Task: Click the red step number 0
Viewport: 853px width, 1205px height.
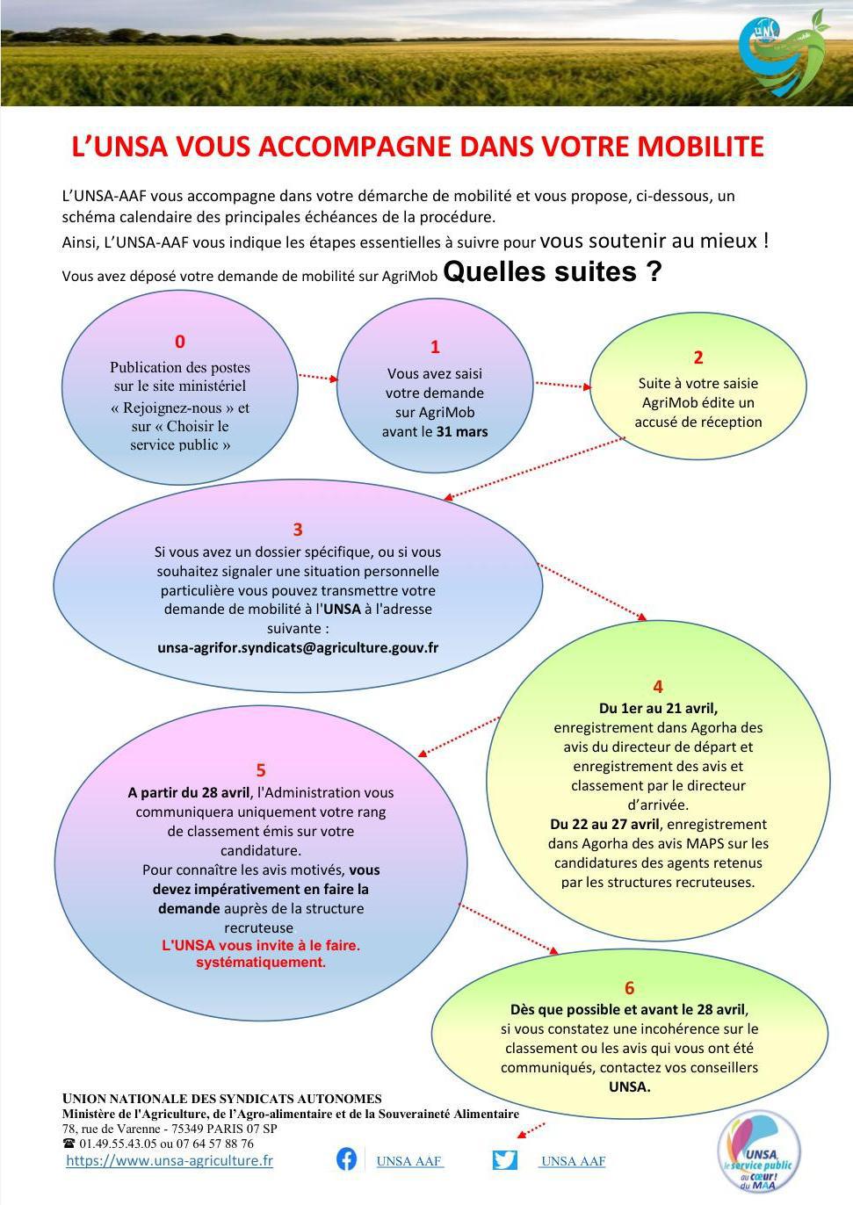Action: click(180, 342)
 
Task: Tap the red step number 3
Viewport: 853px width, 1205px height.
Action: click(298, 530)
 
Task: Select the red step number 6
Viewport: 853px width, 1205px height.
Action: click(629, 988)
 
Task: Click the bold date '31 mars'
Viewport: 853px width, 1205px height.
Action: click(462, 431)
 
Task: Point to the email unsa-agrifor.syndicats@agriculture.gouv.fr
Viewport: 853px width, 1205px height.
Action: click(298, 648)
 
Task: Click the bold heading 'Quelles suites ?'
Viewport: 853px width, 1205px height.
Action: click(553, 272)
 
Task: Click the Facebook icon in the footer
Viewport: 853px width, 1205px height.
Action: click(347, 1159)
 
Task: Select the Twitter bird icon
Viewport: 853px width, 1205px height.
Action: click(504, 1160)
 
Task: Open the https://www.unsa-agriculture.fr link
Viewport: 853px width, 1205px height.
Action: click(170, 1160)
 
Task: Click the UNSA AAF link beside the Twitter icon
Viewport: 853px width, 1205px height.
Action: click(573, 1161)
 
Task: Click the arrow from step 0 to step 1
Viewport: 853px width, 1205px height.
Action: click(318, 378)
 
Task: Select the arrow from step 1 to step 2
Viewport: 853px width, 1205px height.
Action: click(563, 385)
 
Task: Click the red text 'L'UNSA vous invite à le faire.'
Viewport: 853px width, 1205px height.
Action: click(261, 945)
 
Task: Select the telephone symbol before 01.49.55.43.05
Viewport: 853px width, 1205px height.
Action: click(69, 1144)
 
